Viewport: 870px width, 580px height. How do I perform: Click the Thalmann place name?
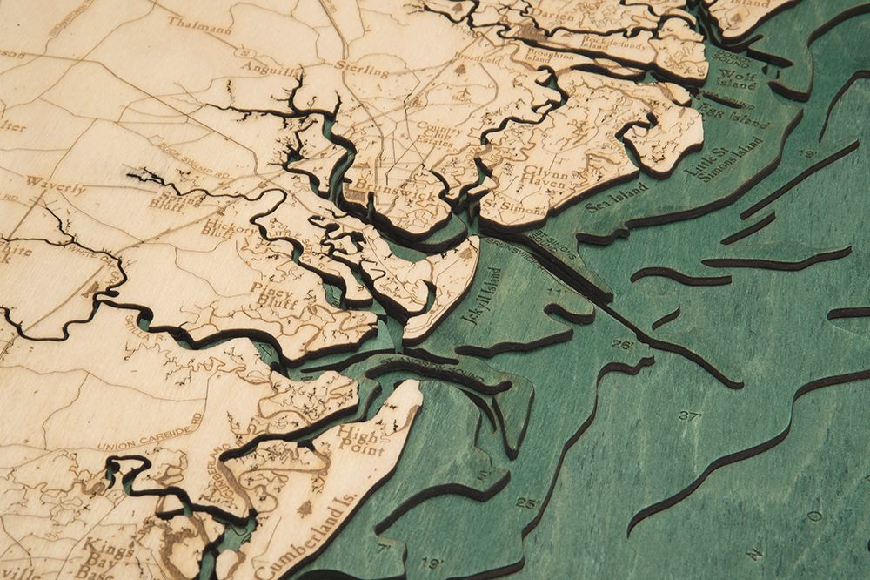click(199, 25)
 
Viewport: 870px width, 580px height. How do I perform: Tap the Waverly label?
click(56, 185)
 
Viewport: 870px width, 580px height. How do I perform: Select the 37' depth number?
click(690, 416)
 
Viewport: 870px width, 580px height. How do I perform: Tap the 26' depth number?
click(621, 345)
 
